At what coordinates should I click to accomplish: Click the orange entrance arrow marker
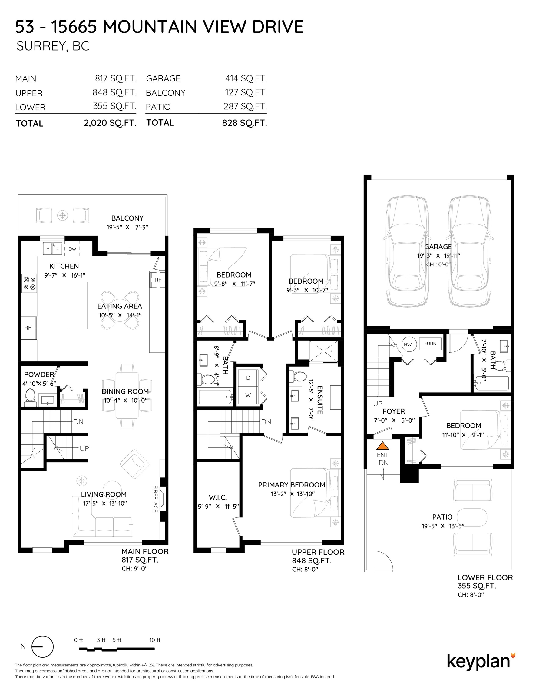pyautogui.click(x=382, y=446)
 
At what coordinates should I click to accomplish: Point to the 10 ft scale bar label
pyautogui.click(x=155, y=640)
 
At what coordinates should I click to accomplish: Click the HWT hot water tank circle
pyautogui.click(x=409, y=344)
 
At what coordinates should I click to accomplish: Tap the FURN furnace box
pyautogui.click(x=430, y=344)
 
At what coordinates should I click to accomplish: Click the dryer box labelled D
pyautogui.click(x=248, y=378)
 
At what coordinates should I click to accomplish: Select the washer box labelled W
pyautogui.click(x=248, y=395)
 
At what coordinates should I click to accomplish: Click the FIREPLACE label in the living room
pyautogui.click(x=156, y=499)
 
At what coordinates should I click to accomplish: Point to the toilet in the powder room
pyautogui.click(x=31, y=396)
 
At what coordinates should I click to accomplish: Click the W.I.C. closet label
pyautogui.click(x=218, y=497)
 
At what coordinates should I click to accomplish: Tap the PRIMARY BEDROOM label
pyautogui.click(x=292, y=485)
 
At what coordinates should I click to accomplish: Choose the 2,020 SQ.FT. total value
pyautogui.click(x=110, y=123)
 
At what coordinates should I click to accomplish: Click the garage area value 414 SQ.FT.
pyautogui.click(x=246, y=78)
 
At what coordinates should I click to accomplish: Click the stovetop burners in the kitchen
pyautogui.click(x=29, y=284)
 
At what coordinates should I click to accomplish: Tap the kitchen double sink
pyautogui.click(x=53, y=248)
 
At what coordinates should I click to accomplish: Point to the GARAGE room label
pyautogui.click(x=438, y=247)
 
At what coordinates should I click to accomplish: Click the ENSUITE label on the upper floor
pyautogui.click(x=320, y=400)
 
